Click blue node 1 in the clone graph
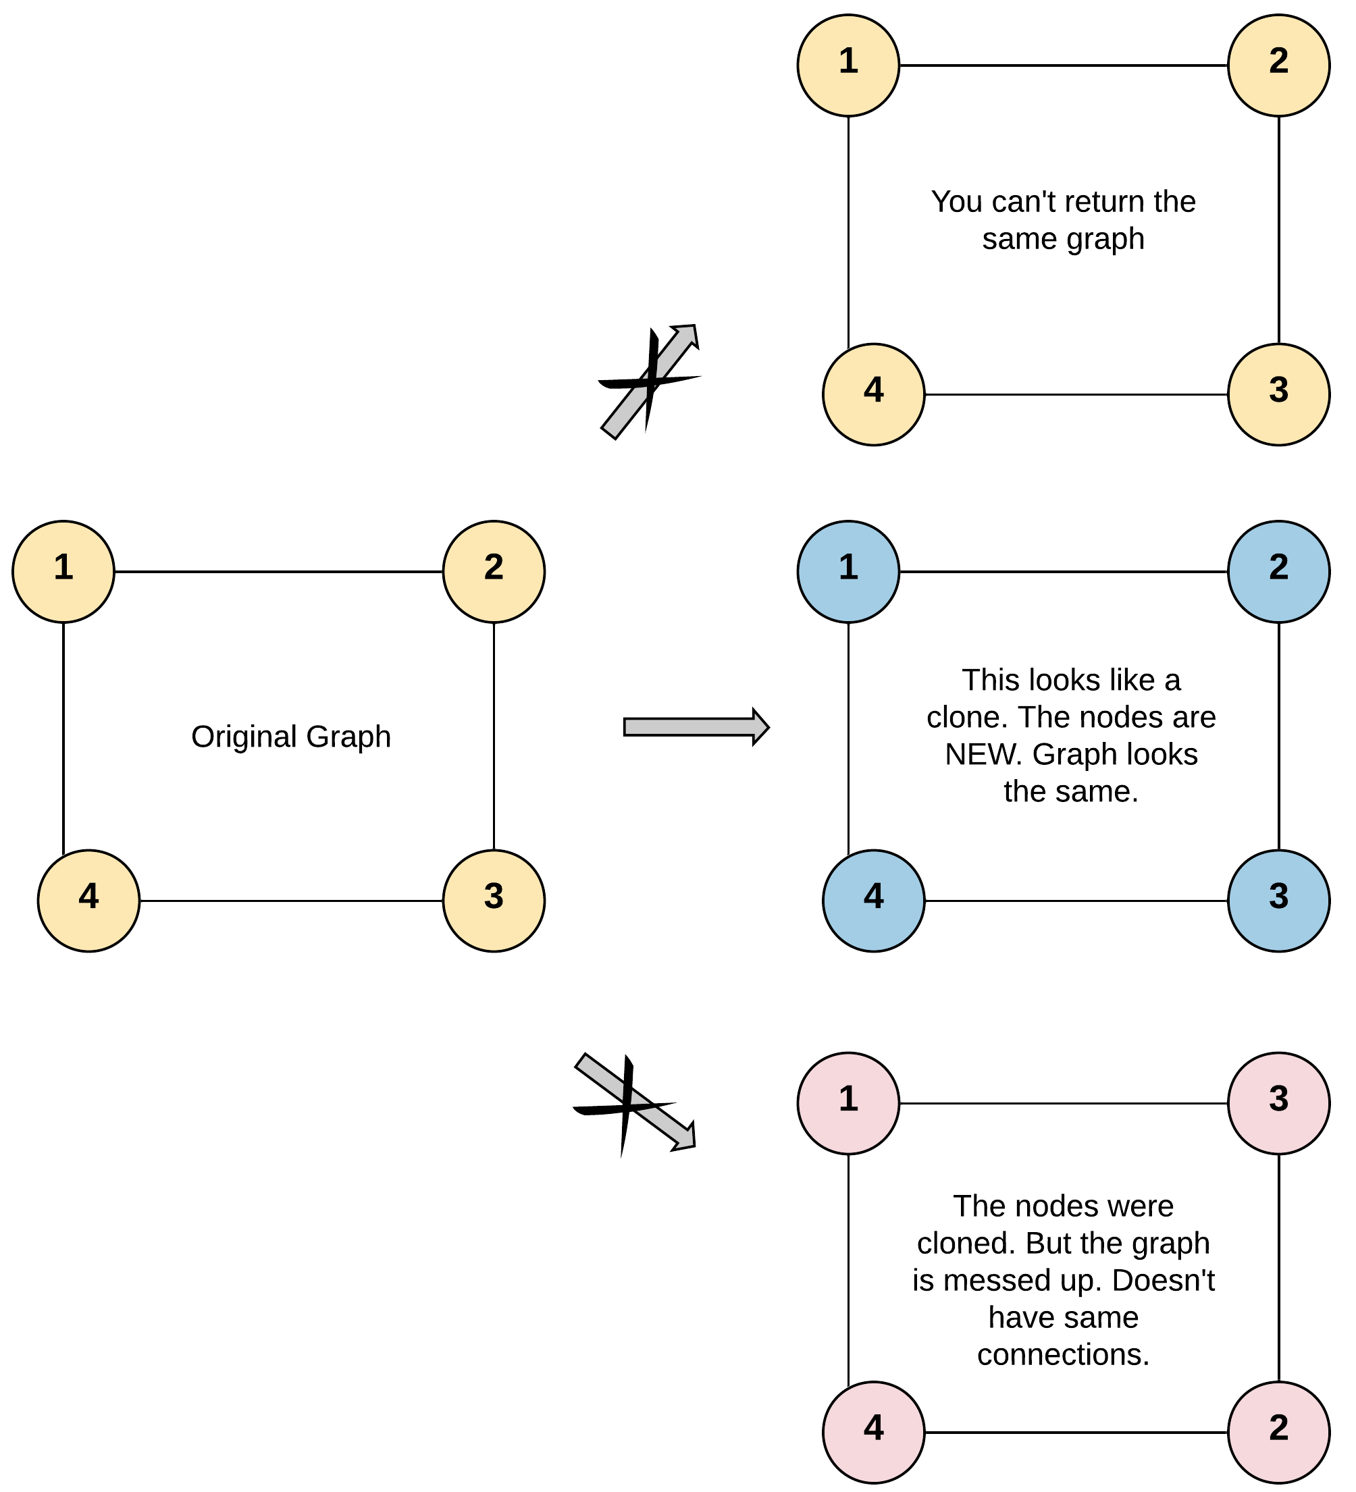(848, 571)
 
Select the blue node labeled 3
(1278, 900)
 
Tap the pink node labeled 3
(1278, 1102)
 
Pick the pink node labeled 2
(1278, 1431)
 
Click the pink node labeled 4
(873, 1431)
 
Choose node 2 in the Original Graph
(494, 571)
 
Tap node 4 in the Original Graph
(89, 900)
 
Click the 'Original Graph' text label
(291, 737)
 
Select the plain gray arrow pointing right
(696, 726)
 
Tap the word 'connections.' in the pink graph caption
(1063, 1354)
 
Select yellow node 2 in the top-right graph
(1278, 65)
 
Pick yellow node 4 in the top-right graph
(873, 394)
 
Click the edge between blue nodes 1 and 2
(1063, 571)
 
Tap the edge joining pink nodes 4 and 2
(1076, 1432)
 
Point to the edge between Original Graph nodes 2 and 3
(494, 736)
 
